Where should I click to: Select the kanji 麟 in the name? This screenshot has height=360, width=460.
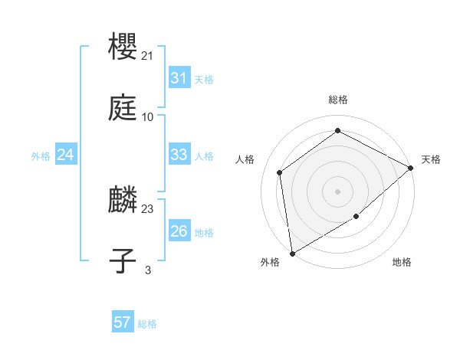123,201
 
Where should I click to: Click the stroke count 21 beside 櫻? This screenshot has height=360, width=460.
148,56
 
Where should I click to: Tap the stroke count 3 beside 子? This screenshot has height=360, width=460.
148,270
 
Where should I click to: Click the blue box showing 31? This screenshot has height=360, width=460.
179,78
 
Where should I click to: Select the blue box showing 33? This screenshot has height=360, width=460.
179,155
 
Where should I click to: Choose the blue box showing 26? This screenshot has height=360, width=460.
179,231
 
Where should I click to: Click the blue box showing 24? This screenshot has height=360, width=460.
65,155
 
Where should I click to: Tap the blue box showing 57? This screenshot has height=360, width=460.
122,322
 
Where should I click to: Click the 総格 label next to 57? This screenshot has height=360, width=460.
147,324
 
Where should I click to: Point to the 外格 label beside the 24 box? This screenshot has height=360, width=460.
41,156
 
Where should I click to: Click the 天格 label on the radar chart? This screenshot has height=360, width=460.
431,159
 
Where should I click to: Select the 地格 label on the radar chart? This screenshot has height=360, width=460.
402,263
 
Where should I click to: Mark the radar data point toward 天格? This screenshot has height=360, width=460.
411,168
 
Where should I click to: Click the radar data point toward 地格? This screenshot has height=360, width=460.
356,217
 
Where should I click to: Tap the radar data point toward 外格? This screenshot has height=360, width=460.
292,253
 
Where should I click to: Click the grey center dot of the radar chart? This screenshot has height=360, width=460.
337,191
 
